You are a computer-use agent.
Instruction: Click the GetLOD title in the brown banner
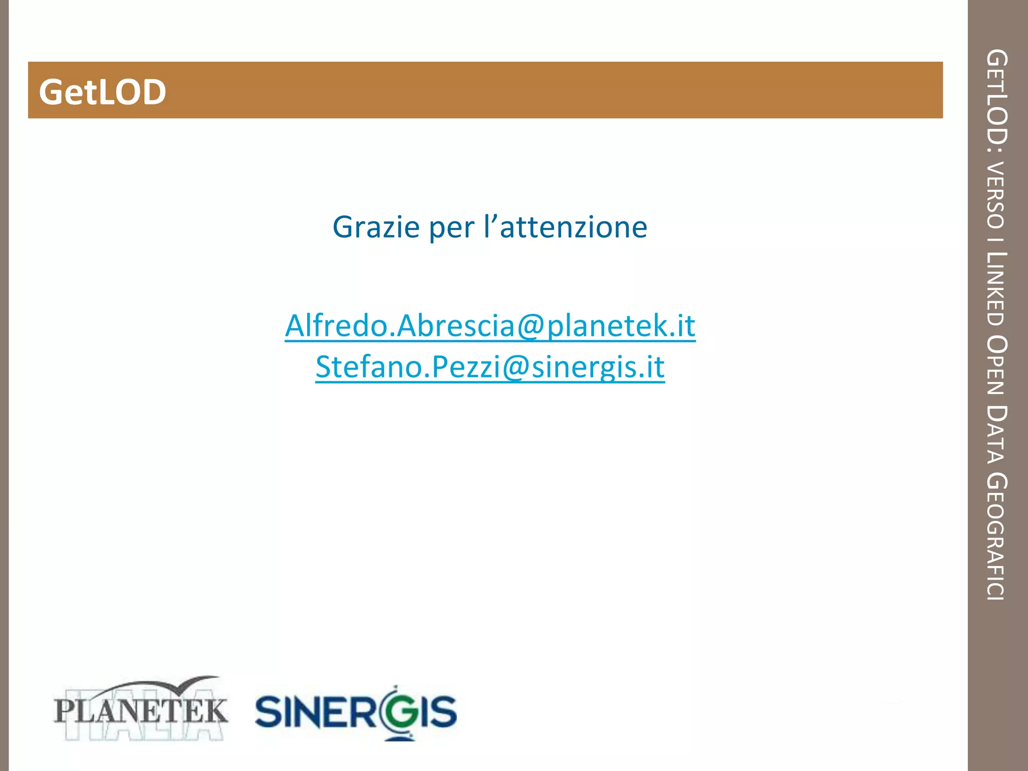click(102, 92)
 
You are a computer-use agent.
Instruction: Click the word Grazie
click(376, 227)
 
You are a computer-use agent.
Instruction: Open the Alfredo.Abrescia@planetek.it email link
click(490, 326)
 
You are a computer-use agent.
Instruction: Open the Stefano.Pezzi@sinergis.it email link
click(490, 367)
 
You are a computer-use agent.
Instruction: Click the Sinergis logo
click(356, 711)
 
